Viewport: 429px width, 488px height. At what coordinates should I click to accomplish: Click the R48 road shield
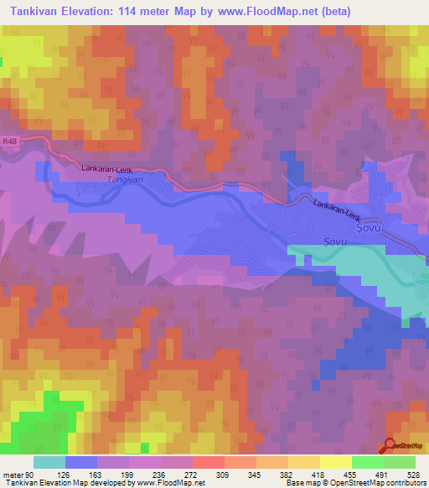point(9,142)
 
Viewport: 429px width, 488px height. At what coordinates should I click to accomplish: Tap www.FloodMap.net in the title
point(266,12)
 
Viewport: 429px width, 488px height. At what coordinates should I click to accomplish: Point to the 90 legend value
point(31,475)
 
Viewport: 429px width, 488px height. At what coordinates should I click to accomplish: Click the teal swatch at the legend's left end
point(49,462)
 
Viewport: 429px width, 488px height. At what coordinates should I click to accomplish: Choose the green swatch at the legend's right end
point(400,462)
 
